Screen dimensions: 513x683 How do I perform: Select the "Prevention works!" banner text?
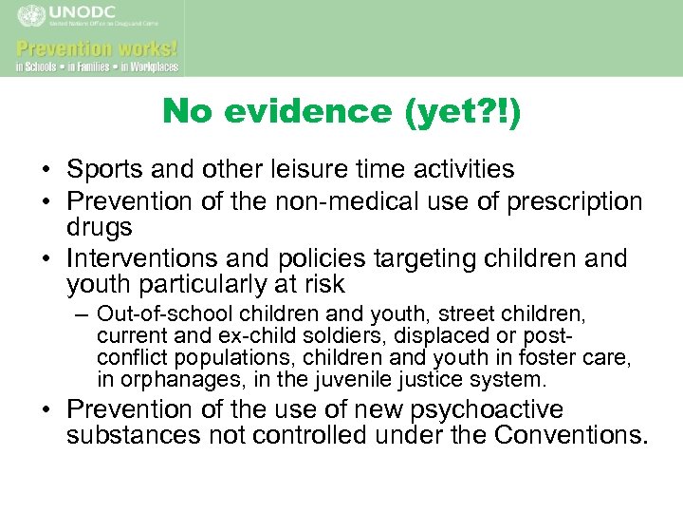pos(97,48)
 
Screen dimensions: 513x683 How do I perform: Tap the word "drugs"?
pos(100,229)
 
